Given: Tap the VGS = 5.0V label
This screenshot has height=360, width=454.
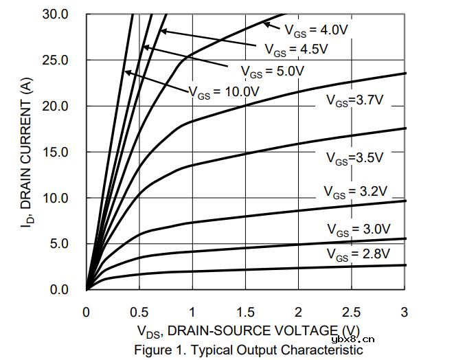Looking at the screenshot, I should pyautogui.click(x=272, y=71).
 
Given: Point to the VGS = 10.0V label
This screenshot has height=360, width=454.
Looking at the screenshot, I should pyautogui.click(x=224, y=91).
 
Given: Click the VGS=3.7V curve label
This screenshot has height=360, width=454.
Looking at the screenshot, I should pyautogui.click(x=354, y=101).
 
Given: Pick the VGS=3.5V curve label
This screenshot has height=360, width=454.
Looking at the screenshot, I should pyautogui.click(x=354, y=158).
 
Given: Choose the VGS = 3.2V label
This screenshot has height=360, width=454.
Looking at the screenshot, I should pyautogui.click(x=356, y=191).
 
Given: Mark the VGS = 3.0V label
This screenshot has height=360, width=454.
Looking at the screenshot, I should pyautogui.click(x=358, y=229).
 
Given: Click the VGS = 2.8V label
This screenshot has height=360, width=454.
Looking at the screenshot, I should pyautogui.click(x=358, y=255).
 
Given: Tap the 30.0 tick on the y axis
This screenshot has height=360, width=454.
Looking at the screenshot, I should pyautogui.click(x=55, y=14).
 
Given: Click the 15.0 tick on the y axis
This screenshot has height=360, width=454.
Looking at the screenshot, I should pyautogui.click(x=55, y=152).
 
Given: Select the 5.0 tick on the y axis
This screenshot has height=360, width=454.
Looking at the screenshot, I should pyautogui.click(x=58, y=244).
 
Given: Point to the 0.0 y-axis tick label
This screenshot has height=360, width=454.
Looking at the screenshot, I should pyautogui.click(x=58, y=290).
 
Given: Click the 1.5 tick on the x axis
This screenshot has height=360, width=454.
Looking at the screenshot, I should pyautogui.click(x=245, y=313).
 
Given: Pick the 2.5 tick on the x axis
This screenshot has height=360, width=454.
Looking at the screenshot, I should pyautogui.click(x=351, y=313).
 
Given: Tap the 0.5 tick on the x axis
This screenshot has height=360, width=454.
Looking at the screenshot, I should pyautogui.click(x=139, y=313).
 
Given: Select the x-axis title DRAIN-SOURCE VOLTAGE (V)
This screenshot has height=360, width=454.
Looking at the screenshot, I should pyautogui.click(x=248, y=332).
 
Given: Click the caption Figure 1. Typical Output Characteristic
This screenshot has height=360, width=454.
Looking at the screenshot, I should pyautogui.click(x=248, y=350).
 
